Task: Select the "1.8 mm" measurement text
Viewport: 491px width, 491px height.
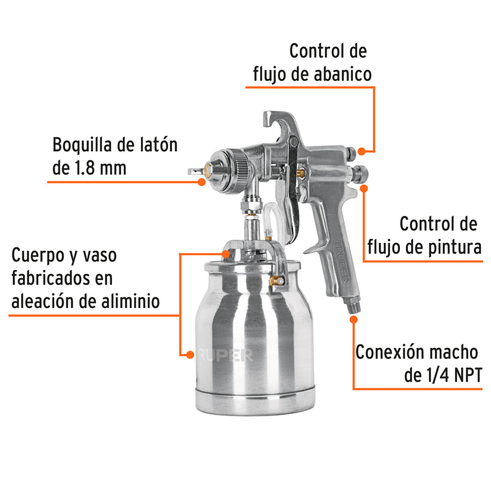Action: (x=99, y=168)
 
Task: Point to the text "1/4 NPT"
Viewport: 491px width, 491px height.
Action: (x=443, y=376)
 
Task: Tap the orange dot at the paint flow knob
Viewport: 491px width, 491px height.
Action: (x=365, y=188)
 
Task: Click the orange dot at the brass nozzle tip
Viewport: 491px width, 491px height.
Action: (x=201, y=180)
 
